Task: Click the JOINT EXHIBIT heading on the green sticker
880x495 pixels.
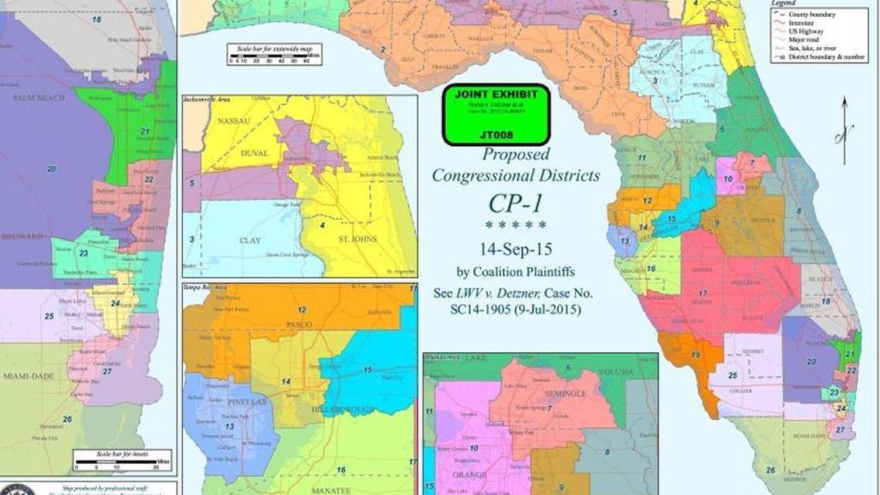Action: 496,95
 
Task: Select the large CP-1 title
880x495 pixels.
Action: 515,203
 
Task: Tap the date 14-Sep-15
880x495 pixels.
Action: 516,249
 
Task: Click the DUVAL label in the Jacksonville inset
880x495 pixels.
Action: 250,153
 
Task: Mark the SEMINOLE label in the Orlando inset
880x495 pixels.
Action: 569,393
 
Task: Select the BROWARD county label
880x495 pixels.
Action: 22,236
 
